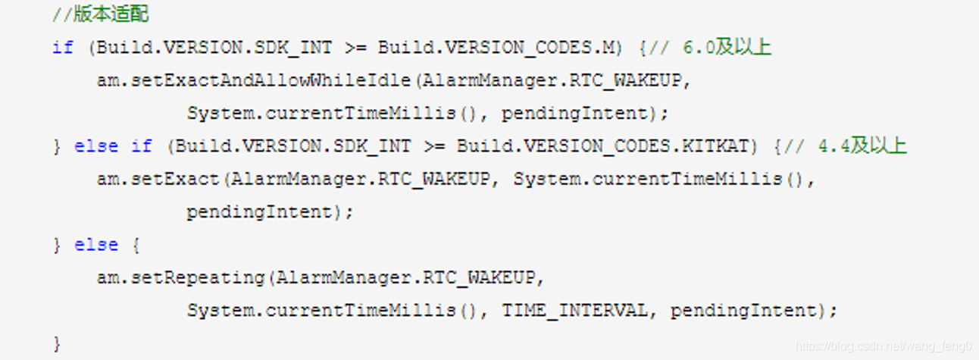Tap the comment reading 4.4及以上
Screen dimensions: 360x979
pos(862,146)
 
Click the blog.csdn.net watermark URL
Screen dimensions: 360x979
pos(884,346)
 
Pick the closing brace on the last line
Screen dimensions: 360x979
pos(57,343)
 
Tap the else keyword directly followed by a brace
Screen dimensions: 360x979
pos(96,246)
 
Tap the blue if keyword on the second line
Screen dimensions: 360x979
pos(62,47)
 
